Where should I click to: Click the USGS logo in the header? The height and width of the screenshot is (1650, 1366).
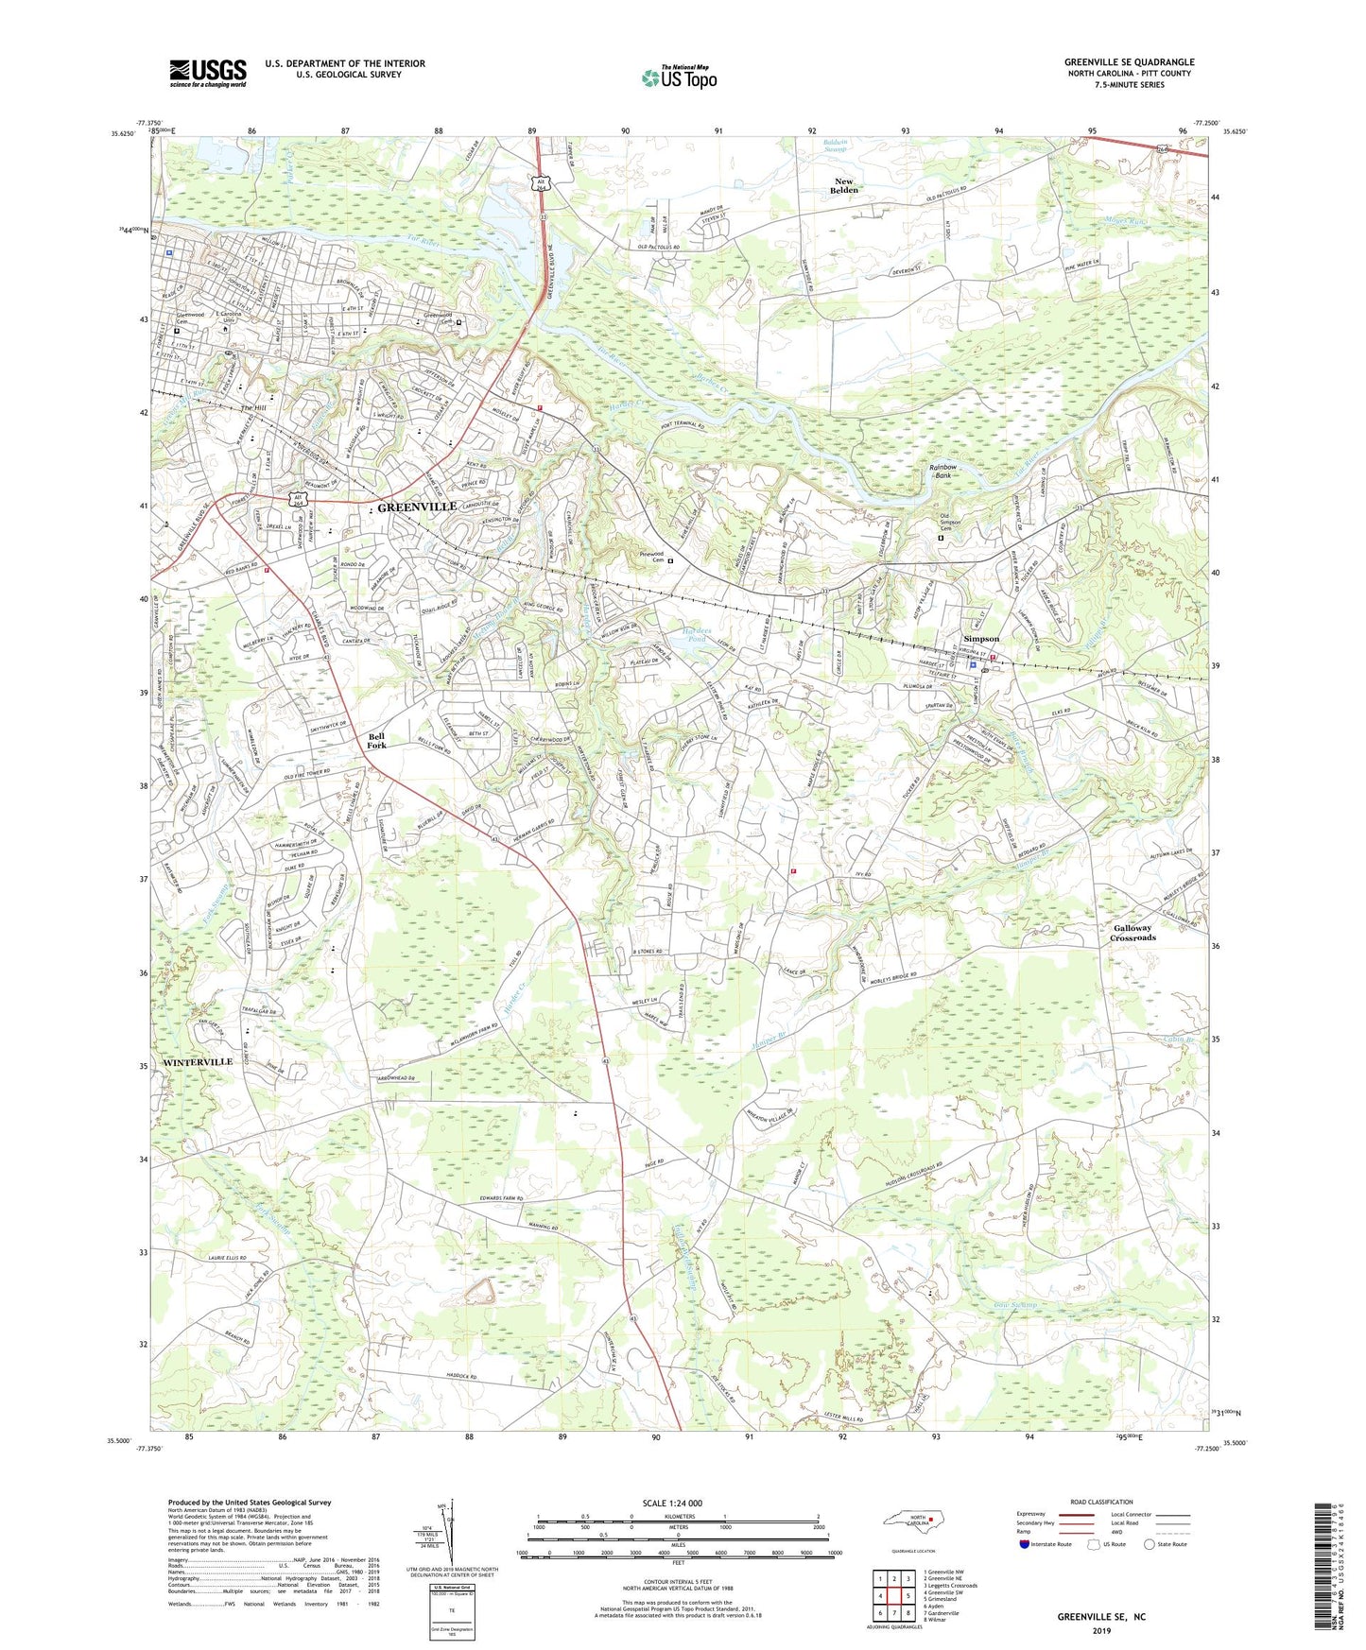(207, 73)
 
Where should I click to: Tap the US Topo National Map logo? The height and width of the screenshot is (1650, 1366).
(677, 77)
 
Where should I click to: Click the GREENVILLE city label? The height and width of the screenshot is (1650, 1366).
(417, 507)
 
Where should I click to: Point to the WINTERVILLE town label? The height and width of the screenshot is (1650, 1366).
(197, 1062)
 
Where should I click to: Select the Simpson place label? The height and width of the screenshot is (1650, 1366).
(980, 639)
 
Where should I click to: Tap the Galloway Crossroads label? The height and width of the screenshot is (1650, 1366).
(1133, 933)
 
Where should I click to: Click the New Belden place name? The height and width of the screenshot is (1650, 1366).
(843, 185)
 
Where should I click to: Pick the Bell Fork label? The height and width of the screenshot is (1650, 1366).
(377, 740)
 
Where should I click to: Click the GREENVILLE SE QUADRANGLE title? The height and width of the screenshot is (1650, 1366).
(1129, 62)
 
